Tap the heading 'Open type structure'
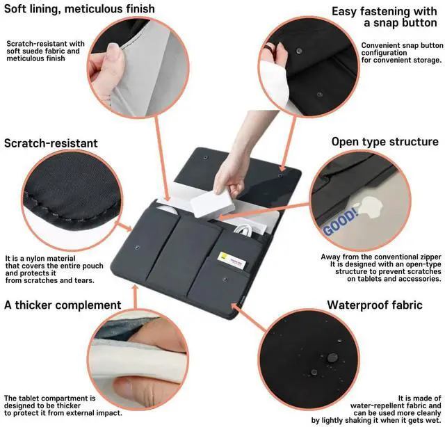385,142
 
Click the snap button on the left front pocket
142,246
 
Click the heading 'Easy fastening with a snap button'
386,17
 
